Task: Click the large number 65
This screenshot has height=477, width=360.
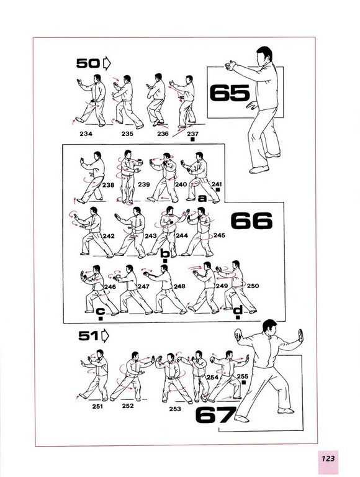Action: point(230,93)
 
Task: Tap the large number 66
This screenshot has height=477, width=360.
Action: point(251,221)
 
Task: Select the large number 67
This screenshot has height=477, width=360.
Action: point(215,415)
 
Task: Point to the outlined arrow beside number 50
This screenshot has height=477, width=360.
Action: point(107,63)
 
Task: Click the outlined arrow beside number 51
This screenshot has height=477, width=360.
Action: point(105,336)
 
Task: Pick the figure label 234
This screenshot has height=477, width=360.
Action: point(86,134)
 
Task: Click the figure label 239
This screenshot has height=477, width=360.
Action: point(144,184)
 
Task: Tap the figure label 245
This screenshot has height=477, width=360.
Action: point(219,235)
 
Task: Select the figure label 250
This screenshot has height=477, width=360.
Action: point(253,286)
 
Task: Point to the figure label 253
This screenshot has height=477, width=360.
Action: point(175,409)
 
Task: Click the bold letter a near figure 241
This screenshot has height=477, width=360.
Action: point(202,198)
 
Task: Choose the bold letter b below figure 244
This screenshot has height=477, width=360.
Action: point(165,253)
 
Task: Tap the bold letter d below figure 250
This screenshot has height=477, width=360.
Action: point(238,310)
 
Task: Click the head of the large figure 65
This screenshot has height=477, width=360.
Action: point(264,55)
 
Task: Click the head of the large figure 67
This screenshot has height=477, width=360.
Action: point(270,328)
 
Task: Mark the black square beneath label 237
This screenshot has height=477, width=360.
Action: point(192,140)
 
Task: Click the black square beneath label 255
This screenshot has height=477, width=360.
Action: point(243,382)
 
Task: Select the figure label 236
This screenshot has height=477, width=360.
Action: point(163,134)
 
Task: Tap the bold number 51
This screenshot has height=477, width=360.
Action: point(89,336)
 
